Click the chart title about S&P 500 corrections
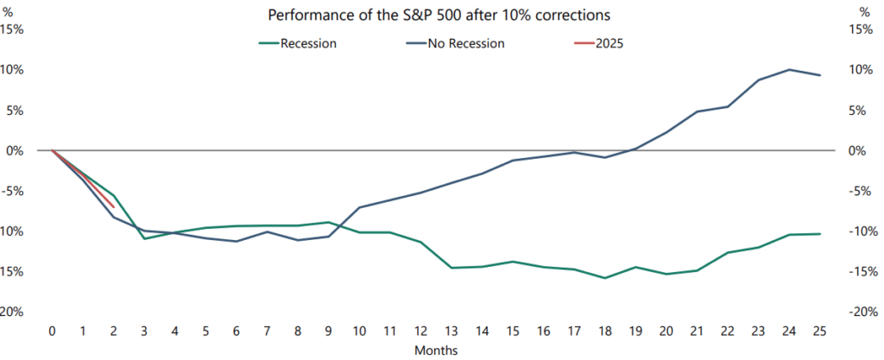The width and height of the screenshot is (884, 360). coord(439,16)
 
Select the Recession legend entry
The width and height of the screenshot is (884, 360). coord(297,43)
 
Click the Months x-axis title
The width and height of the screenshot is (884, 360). coord(436,351)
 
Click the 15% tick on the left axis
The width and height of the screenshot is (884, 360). coord(12,29)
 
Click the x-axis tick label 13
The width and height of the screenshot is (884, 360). coord(451,332)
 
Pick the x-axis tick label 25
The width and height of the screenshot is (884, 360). coord(819,332)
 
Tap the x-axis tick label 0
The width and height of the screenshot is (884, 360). coord(53,332)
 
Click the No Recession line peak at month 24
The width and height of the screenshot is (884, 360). coord(789,70)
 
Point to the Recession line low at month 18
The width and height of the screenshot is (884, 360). coord(605,278)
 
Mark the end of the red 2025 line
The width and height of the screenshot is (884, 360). coord(114,206)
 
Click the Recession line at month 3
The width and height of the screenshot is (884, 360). coord(144,239)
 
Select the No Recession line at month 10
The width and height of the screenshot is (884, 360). coord(359,207)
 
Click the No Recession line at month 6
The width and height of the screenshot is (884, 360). coord(237,241)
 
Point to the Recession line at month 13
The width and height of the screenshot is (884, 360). coord(451,268)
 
